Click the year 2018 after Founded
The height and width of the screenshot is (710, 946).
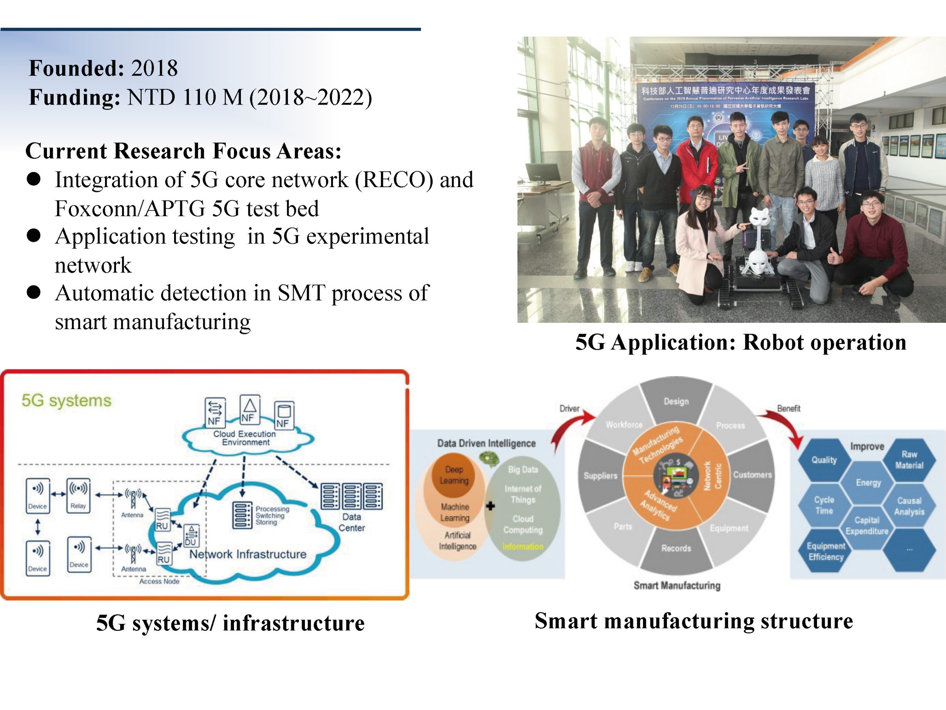(x=154, y=68)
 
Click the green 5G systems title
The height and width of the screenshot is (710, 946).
(x=66, y=400)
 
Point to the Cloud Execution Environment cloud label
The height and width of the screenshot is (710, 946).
(x=245, y=438)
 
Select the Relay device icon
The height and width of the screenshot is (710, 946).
(x=78, y=495)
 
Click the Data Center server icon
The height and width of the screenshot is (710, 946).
(x=351, y=496)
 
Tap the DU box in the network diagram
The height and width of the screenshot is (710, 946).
(x=191, y=536)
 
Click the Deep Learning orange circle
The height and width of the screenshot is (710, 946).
(x=454, y=475)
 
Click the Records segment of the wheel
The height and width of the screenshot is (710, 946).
(x=676, y=548)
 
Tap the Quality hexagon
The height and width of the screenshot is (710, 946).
(x=824, y=460)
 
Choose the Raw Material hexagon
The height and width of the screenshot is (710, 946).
(x=909, y=460)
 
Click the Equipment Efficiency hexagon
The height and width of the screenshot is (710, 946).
(x=826, y=551)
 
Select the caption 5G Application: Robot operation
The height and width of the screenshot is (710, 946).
(x=741, y=342)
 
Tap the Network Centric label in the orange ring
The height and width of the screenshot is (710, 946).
(x=712, y=476)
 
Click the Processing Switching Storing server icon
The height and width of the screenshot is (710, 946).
(x=242, y=515)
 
